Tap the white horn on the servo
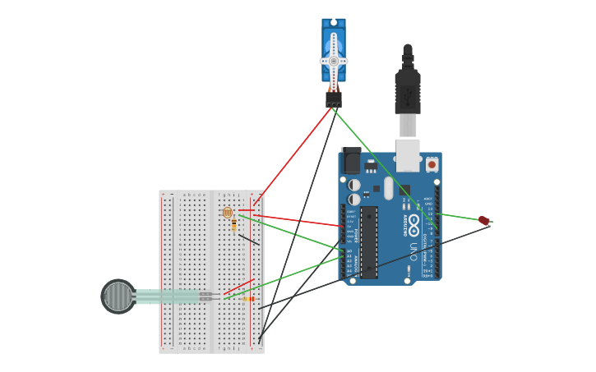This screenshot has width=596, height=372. [x=333, y=60]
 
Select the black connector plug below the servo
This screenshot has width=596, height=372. [x=333, y=99]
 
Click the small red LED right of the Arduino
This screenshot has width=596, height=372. [x=484, y=220]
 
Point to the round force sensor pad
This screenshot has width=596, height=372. [x=118, y=296]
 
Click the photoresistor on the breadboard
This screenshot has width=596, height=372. [x=228, y=213]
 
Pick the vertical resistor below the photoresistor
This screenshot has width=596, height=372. [x=234, y=225]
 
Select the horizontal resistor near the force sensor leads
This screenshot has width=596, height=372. [x=247, y=299]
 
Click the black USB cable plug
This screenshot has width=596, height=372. [x=408, y=90]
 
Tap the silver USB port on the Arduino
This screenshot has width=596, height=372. [x=408, y=154]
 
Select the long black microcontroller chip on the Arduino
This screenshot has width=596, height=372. [x=369, y=241]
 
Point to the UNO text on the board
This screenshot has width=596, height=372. [x=414, y=251]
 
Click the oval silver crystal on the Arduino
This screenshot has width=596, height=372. [x=388, y=188]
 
